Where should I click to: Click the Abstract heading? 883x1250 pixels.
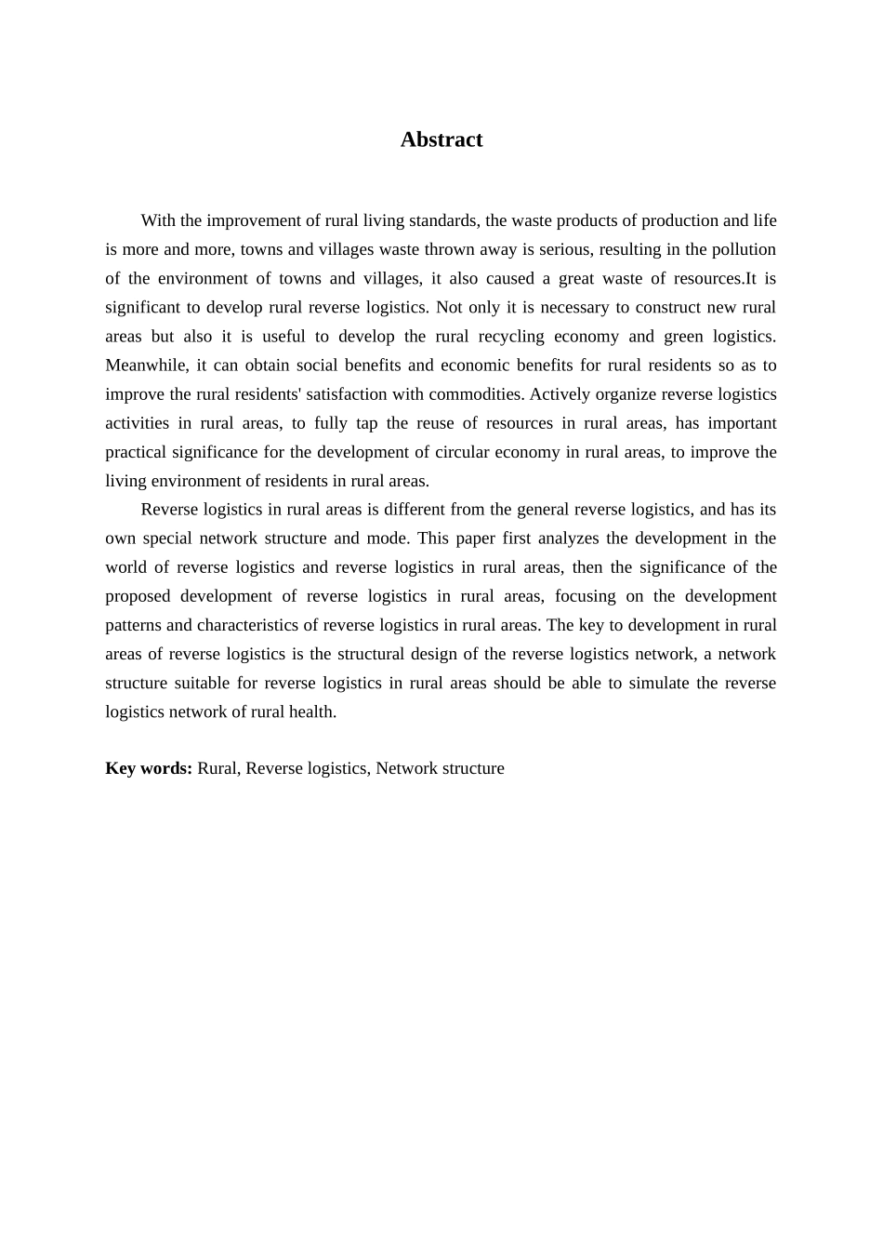coord(441,140)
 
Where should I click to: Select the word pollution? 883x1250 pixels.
coord(744,249)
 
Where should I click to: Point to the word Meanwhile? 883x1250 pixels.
coord(146,365)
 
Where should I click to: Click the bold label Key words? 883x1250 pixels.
coord(149,768)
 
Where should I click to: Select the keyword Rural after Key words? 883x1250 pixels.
coord(217,768)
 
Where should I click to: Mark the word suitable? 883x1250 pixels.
coord(202,683)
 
